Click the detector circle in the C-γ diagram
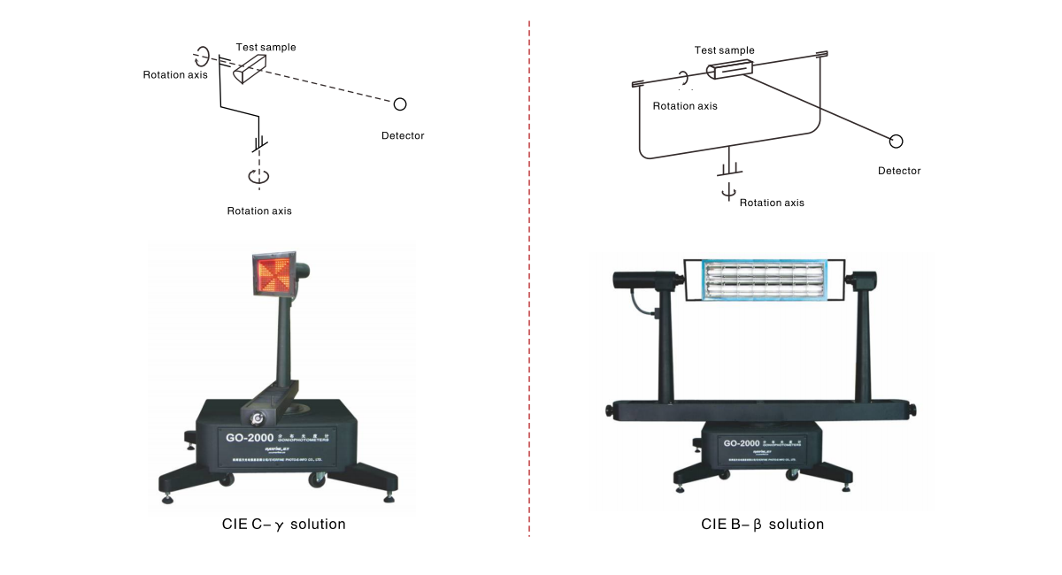(400, 104)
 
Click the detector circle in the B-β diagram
(897, 141)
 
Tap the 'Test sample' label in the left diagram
(265, 47)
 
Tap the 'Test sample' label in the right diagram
(725, 50)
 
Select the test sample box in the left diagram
(250, 68)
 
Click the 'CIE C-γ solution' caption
(283, 525)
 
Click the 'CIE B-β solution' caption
(762, 525)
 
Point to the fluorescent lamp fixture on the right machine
(764, 284)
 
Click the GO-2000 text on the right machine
(743, 443)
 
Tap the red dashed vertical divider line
(529, 265)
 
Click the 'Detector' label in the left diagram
(403, 135)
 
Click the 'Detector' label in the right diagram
(899, 171)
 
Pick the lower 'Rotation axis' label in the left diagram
(259, 211)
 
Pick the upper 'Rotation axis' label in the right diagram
(685, 105)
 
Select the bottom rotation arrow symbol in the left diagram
(258, 176)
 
